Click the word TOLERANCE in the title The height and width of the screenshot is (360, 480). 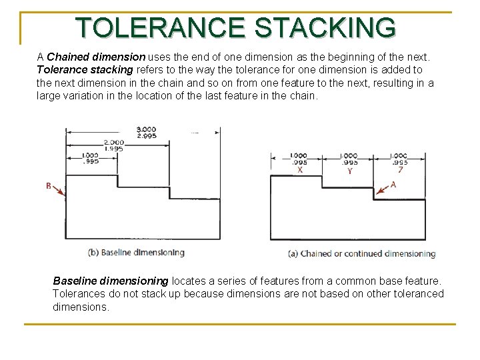(x=159, y=28)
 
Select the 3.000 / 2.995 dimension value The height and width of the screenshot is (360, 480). (x=147, y=132)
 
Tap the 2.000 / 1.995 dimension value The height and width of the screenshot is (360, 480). (x=113, y=146)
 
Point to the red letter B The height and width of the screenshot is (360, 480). (x=49, y=187)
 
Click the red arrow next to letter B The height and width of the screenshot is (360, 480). (x=60, y=191)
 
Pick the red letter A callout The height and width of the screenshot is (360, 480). (x=393, y=185)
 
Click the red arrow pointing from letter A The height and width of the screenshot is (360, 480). (x=382, y=189)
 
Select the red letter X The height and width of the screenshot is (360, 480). (x=300, y=170)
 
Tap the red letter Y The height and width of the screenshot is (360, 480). (x=350, y=171)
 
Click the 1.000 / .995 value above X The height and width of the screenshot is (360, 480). (x=299, y=159)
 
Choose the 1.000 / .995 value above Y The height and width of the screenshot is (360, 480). (x=349, y=159)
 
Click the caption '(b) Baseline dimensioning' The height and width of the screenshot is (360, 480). (x=136, y=253)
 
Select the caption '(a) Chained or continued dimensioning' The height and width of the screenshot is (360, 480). (x=361, y=253)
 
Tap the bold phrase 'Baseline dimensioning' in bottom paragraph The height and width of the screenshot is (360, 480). (x=111, y=281)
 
